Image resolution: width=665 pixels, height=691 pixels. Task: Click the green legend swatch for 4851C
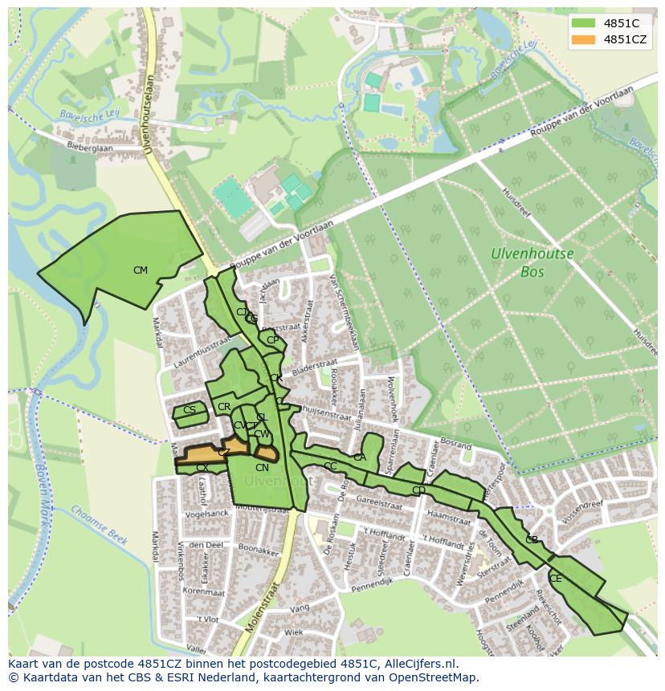coord(584,23)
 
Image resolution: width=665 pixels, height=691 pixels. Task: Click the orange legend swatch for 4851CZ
coord(584,39)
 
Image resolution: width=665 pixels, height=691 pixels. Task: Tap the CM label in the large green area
coord(141,270)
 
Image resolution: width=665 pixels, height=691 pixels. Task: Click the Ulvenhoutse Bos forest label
coord(532,262)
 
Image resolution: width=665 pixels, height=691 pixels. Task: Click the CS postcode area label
coord(190,410)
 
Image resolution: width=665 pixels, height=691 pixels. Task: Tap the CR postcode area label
coord(224,408)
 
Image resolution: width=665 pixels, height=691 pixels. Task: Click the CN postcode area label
coord(262,468)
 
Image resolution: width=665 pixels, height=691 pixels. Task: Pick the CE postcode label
coord(556,579)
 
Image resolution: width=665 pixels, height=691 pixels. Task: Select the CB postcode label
coord(532,540)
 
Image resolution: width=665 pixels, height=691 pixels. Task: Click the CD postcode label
coord(418,490)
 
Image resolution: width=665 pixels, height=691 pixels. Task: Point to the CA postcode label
coord(360,457)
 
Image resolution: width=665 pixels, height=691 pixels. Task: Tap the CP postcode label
coord(273,340)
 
